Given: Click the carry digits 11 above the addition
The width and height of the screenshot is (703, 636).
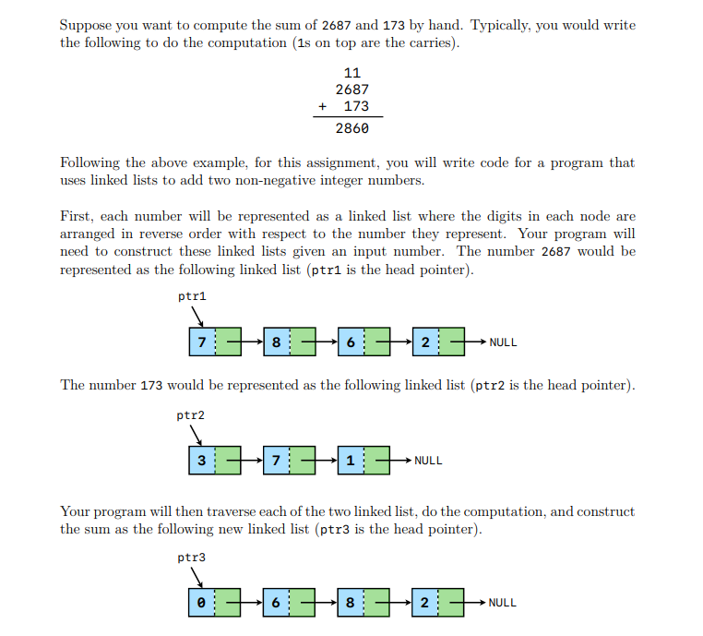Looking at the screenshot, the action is pyautogui.click(x=351, y=73).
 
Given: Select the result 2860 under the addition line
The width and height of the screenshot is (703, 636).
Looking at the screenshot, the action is pyautogui.click(x=351, y=128).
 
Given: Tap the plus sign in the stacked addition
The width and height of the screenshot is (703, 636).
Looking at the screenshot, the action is pyautogui.click(x=322, y=106).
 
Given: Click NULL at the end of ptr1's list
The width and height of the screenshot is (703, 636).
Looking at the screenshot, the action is pyautogui.click(x=503, y=342).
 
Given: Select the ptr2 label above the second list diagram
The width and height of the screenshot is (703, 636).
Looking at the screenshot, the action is pyautogui.click(x=191, y=415).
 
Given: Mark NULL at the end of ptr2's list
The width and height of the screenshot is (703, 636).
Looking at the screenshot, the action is pyautogui.click(x=428, y=460).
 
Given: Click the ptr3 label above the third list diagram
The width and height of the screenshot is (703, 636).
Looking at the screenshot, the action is pyautogui.click(x=191, y=558).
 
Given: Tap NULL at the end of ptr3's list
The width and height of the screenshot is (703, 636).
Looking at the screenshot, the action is pyautogui.click(x=503, y=602).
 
